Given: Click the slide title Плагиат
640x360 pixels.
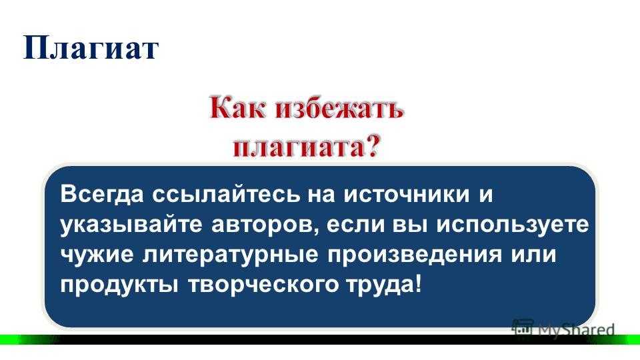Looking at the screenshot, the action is click(91, 48).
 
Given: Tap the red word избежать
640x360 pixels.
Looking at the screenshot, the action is click(339, 108).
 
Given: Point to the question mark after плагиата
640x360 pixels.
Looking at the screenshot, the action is click(372, 145).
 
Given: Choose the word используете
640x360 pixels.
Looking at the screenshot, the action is click(513, 225).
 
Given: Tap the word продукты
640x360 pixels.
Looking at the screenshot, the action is click(119, 285).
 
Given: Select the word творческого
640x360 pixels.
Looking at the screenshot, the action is click(263, 285).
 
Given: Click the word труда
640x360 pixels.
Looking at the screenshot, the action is click(379, 285).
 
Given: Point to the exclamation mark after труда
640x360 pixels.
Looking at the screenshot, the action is click(417, 283).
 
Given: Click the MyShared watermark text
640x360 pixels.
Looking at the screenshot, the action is click(576, 329).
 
